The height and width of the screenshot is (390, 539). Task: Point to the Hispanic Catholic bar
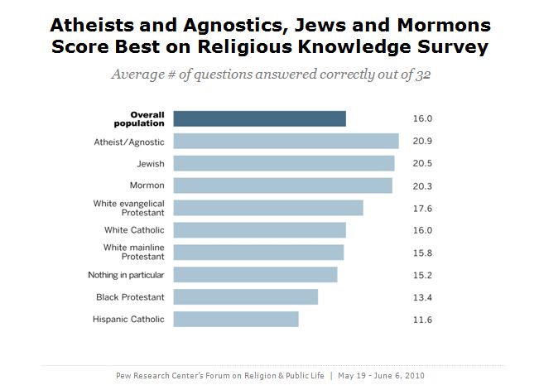237,319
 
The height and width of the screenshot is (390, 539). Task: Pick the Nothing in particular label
126,275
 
